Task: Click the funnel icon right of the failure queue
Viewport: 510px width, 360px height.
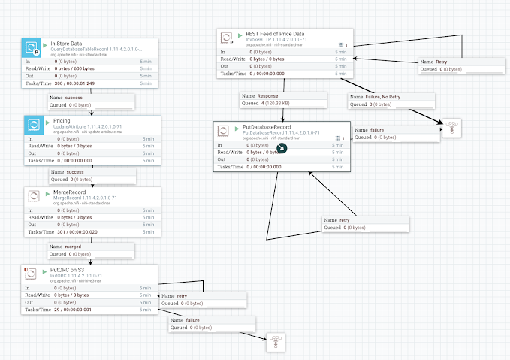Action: [x=451, y=129]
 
